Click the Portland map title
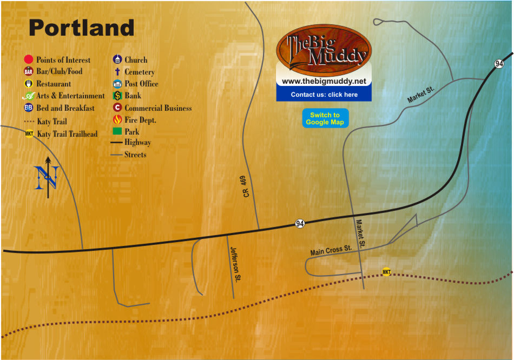(x=81, y=28)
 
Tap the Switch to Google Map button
(x=325, y=118)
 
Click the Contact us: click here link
(x=324, y=95)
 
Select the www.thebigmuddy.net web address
(x=324, y=81)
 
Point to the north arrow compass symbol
(x=48, y=177)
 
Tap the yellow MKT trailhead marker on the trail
(x=386, y=272)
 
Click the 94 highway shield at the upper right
(x=499, y=64)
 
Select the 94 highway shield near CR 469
(x=300, y=223)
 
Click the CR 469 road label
(x=247, y=185)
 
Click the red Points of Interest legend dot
(x=29, y=60)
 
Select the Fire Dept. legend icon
(x=117, y=119)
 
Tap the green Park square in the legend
(x=117, y=131)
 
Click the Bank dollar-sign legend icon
(x=117, y=96)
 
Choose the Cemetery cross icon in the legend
(x=117, y=72)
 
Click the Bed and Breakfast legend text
(x=65, y=108)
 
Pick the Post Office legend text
(x=141, y=84)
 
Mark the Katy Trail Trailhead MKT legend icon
(x=29, y=134)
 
